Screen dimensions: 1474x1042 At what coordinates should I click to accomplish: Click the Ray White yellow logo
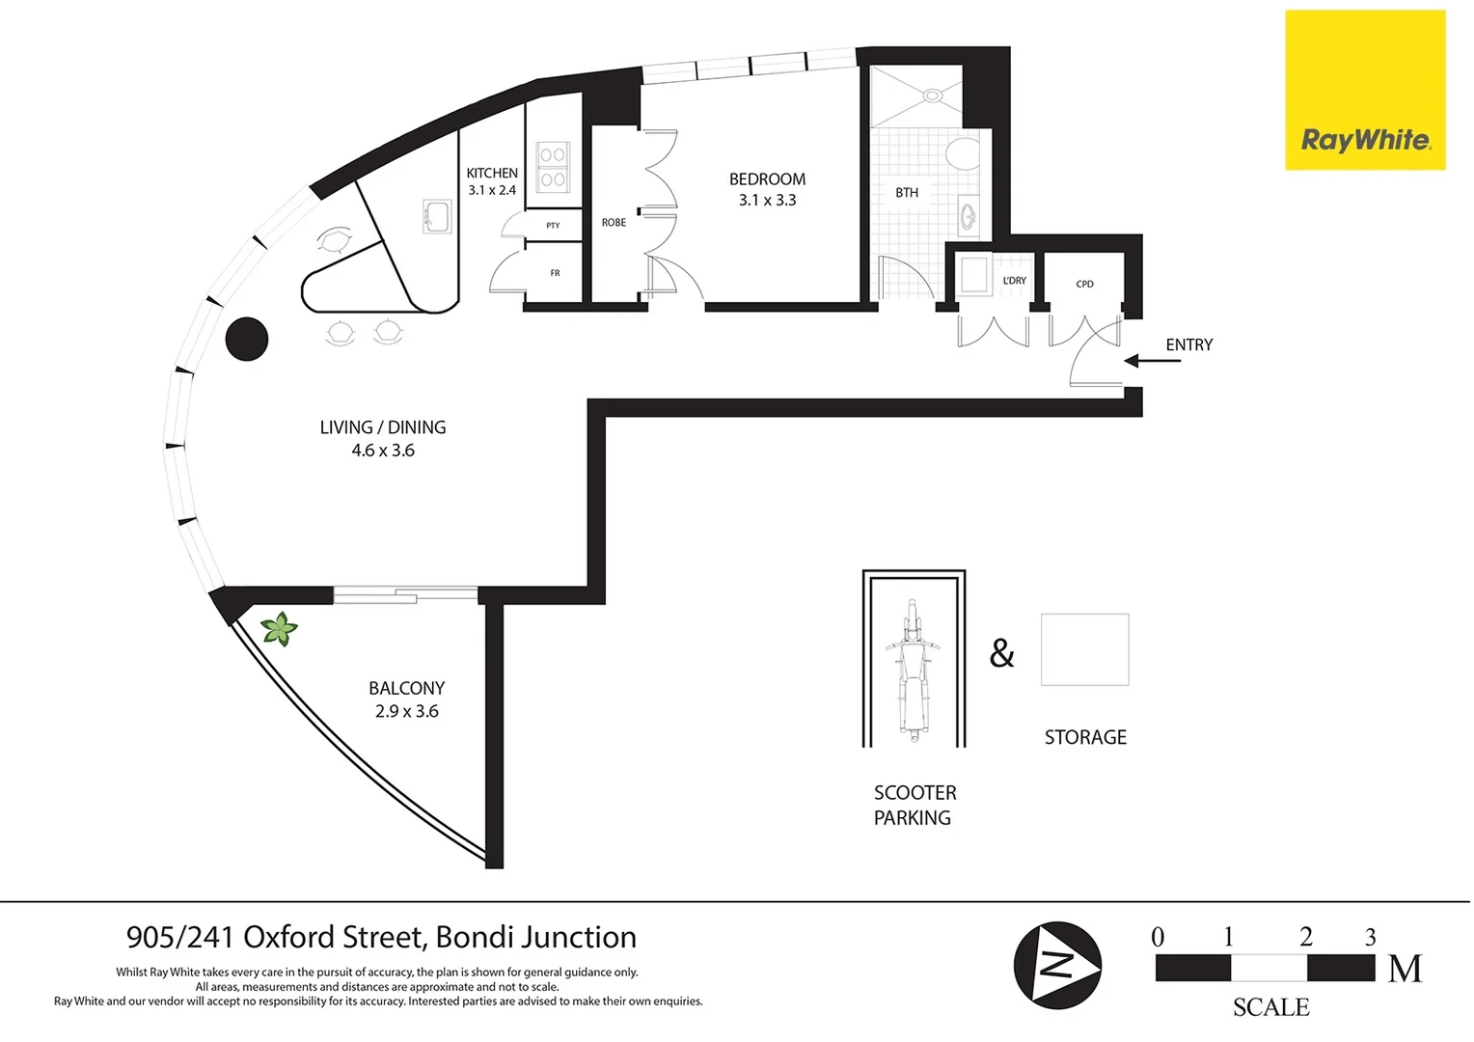coord(1364,91)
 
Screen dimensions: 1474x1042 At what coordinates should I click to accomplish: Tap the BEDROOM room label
coord(767,179)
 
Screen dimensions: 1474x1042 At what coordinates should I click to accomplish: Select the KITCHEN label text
coord(492,174)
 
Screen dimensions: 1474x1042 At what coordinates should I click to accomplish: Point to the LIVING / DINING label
coord(383,427)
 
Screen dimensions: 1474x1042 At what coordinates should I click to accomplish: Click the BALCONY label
coord(406,689)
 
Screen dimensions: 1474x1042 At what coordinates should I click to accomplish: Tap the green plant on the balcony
coord(280,629)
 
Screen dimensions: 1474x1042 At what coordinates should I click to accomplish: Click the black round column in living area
coord(247,340)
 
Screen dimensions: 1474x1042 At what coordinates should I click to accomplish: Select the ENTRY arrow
coord(1152,361)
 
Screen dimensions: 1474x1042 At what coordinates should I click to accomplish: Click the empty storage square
coord(1084,649)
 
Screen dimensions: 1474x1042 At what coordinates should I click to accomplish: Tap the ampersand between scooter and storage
coord(1002,654)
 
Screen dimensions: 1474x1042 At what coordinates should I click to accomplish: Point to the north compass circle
coord(1057,965)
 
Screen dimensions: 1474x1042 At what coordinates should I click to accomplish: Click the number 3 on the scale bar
coord(1370,937)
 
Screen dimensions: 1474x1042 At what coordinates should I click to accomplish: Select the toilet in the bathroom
coord(961,153)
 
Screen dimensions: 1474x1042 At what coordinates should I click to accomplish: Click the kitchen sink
coord(437,216)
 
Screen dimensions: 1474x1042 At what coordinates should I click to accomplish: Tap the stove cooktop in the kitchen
coord(553,166)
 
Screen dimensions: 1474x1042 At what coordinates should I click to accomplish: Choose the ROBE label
coord(614,223)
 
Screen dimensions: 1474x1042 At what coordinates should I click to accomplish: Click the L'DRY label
coord(1014,281)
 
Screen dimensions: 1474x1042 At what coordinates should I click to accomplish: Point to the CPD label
coord(1084,284)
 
